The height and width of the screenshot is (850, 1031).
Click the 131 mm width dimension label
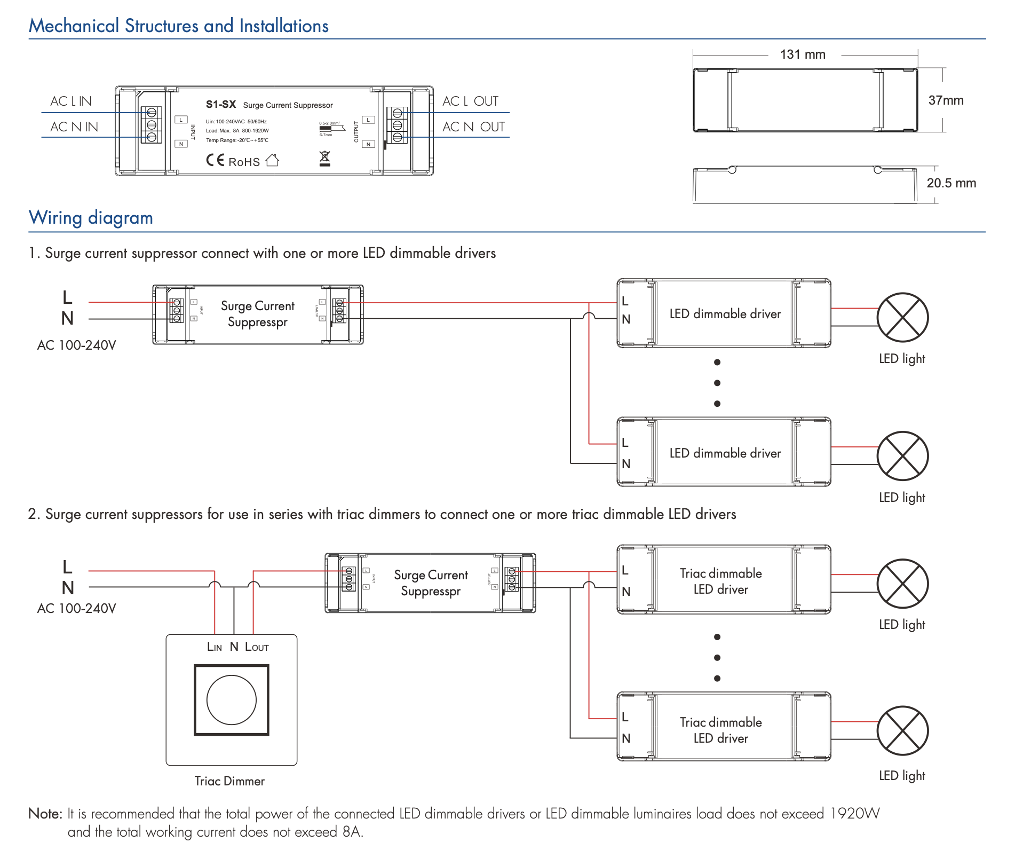803,54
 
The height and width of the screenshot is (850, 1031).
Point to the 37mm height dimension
946,100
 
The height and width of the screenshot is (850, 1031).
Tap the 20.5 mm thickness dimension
951,183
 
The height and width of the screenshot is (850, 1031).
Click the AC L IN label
71,101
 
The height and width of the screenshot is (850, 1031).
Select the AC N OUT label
473,127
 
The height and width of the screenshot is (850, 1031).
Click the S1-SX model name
221,105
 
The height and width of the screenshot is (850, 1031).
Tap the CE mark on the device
215,160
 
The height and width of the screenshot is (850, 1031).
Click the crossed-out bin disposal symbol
324,158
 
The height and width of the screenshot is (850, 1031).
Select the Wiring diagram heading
91,218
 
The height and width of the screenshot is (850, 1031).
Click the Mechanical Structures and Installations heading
178,26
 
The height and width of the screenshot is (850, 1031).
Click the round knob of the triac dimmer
232,699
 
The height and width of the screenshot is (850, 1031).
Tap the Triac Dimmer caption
229,781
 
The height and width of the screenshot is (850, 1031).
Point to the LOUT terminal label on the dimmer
257,647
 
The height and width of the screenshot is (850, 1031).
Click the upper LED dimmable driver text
725,314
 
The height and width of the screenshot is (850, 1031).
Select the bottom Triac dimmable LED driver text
721,730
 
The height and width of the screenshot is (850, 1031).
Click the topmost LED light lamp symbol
902,317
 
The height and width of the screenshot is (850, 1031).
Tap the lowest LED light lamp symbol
902,730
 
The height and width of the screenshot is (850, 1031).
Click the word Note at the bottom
45,814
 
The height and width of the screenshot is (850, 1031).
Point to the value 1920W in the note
855,814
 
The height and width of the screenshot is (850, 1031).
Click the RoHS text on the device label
244,162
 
